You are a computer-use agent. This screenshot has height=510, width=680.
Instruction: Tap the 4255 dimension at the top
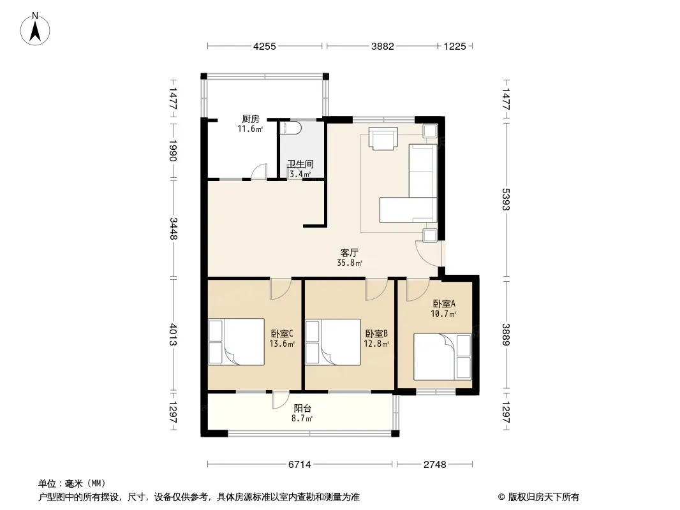click(x=265, y=47)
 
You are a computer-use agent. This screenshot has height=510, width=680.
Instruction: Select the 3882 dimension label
click(x=383, y=47)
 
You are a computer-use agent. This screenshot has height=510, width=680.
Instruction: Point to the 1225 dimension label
click(x=454, y=47)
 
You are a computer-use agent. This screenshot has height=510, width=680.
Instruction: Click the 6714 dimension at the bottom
click(x=300, y=465)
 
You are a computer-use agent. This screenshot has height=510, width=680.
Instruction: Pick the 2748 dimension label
click(x=434, y=465)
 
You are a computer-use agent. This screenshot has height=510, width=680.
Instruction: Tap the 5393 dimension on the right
click(x=506, y=200)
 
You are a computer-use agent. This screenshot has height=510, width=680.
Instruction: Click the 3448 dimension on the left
click(x=174, y=228)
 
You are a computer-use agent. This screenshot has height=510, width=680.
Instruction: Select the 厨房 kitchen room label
click(x=251, y=119)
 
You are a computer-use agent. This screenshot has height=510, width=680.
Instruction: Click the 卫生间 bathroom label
click(x=300, y=164)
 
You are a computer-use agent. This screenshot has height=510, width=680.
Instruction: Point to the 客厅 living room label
click(x=349, y=252)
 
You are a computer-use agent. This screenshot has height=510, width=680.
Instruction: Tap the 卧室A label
click(x=443, y=303)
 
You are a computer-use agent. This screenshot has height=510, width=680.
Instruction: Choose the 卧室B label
click(x=376, y=333)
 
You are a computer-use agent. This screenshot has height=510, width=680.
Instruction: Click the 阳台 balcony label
click(x=302, y=408)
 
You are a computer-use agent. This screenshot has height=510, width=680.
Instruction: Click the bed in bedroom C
click(x=237, y=342)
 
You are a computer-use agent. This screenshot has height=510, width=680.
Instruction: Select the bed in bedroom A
click(x=442, y=356)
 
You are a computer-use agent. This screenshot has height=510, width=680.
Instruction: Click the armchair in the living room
click(x=383, y=138)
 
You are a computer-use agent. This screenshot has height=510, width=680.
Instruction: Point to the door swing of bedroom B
click(x=376, y=289)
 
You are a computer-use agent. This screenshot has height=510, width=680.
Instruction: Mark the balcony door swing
click(x=281, y=400)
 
